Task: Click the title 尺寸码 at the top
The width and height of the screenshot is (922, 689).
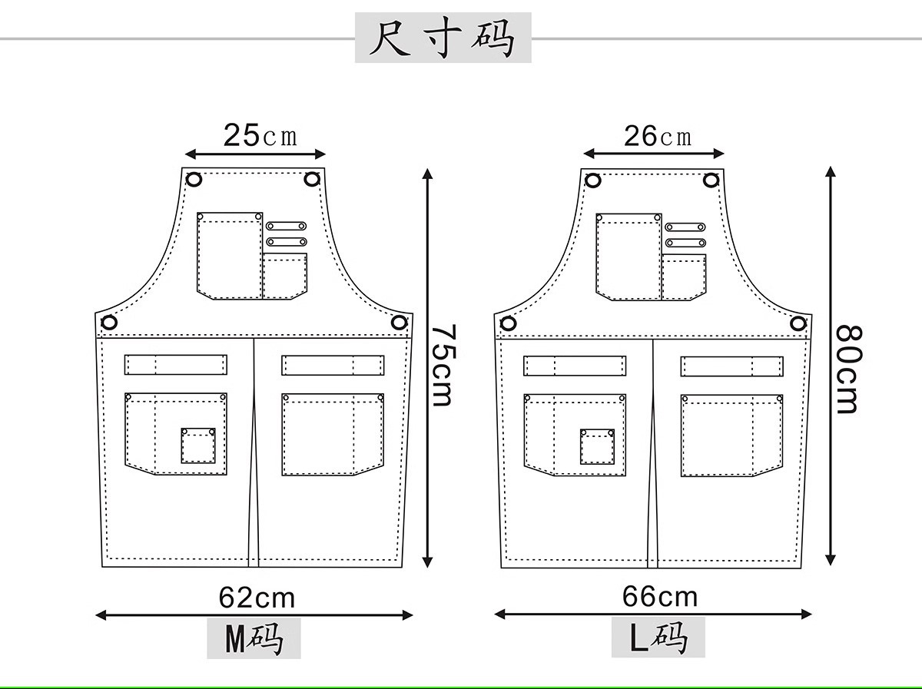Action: pyautogui.click(x=443, y=38)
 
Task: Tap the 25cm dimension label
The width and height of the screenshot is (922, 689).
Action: pyautogui.click(x=259, y=136)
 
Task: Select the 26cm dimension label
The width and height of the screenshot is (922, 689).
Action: pyautogui.click(x=657, y=137)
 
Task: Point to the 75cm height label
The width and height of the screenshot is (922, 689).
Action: pyautogui.click(x=443, y=365)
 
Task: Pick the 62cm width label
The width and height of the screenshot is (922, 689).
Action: pyautogui.click(x=256, y=597)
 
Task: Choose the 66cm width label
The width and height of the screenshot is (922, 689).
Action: pyautogui.click(x=659, y=596)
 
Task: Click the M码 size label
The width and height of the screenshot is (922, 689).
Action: pyautogui.click(x=254, y=639)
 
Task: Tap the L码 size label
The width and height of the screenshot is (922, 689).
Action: pyautogui.click(x=658, y=638)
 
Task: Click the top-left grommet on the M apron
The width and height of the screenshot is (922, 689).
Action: pyautogui.click(x=194, y=180)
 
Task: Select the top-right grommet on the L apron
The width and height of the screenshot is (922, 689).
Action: pyautogui.click(x=711, y=181)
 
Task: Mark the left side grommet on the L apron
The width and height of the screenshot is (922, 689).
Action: pyautogui.click(x=508, y=323)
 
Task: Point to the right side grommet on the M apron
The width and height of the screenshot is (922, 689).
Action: pyautogui.click(x=398, y=323)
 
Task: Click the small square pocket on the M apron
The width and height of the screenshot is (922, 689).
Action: pyautogui.click(x=198, y=446)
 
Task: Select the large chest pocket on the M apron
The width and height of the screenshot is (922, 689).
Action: pyautogui.click(x=230, y=256)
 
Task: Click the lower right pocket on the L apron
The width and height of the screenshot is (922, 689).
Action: pyautogui.click(x=731, y=436)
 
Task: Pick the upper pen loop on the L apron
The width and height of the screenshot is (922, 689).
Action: pyautogui.click(x=685, y=227)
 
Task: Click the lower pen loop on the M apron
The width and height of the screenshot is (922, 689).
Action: pyautogui.click(x=286, y=242)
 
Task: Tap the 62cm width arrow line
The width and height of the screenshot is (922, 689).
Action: pyautogui.click(x=254, y=614)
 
